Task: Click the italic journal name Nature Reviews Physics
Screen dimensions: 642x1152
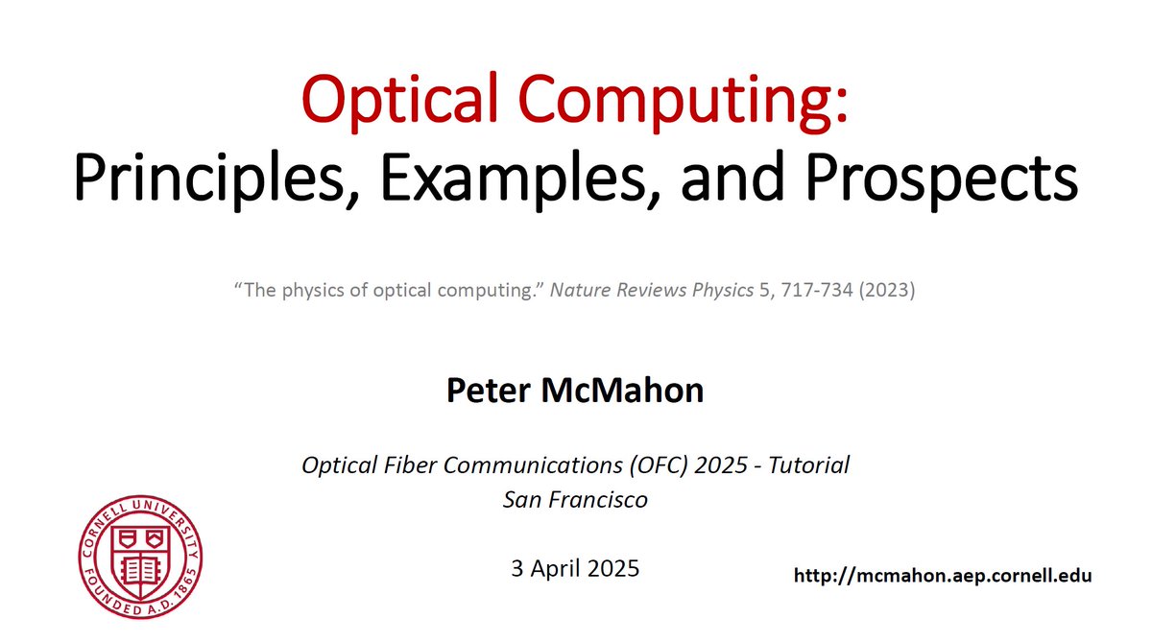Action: pos(652,290)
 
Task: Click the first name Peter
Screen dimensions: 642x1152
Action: pos(492,391)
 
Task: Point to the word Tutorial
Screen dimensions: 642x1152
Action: pos(804,465)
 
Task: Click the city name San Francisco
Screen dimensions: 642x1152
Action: pos(575,499)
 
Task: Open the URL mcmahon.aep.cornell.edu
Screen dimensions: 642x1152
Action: pos(942,576)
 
